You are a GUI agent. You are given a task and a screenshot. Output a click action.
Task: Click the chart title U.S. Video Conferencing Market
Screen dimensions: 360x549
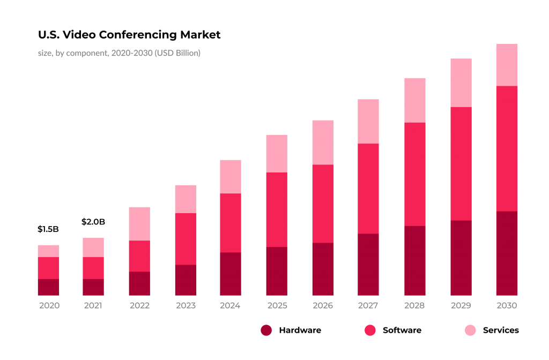pyautogui.click(x=129, y=35)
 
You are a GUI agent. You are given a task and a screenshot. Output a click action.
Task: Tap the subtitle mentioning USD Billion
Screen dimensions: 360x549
pyautogui.click(x=119, y=53)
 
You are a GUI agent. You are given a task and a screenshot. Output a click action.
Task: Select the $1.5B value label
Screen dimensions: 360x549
pyautogui.click(x=48, y=229)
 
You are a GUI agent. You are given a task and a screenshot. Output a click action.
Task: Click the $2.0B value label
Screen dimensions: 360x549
pyautogui.click(x=93, y=222)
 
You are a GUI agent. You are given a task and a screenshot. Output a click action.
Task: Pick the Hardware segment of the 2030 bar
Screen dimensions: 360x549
pyautogui.click(x=507, y=253)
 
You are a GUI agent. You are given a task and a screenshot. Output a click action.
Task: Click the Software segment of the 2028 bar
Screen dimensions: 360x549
pyautogui.click(x=414, y=174)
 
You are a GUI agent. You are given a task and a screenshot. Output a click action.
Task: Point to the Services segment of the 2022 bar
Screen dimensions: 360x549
pyautogui.click(x=139, y=224)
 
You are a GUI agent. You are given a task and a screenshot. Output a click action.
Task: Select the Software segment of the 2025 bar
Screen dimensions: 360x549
pyautogui.click(x=277, y=209)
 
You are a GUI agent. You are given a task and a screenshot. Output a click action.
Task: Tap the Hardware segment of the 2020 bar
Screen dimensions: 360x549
pyautogui.click(x=48, y=287)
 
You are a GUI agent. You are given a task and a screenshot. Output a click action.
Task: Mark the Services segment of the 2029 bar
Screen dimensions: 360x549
pyautogui.click(x=461, y=82)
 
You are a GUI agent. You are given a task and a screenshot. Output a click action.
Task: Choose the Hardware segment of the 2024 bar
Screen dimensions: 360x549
pyautogui.click(x=231, y=274)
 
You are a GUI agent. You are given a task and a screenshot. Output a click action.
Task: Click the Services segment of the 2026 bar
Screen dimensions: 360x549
pyautogui.click(x=323, y=142)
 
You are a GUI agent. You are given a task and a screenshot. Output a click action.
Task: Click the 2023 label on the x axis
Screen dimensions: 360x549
pyautogui.click(x=186, y=306)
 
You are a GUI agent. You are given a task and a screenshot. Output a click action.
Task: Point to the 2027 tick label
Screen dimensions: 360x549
pyautogui.click(x=368, y=306)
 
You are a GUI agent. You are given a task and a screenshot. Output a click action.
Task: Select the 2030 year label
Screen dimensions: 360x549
pyautogui.click(x=507, y=306)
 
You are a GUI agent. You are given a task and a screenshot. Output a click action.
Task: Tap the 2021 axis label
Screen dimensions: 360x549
pyautogui.click(x=93, y=306)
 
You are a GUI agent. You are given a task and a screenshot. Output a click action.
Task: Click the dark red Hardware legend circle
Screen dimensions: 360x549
pyautogui.click(x=266, y=331)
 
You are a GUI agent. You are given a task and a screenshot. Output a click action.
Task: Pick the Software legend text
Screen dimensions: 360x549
pyautogui.click(x=402, y=331)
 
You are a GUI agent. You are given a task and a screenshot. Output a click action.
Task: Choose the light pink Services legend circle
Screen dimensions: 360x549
pyautogui.click(x=470, y=331)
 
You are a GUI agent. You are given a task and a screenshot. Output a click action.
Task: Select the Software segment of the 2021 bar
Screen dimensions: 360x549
pyautogui.click(x=93, y=268)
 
